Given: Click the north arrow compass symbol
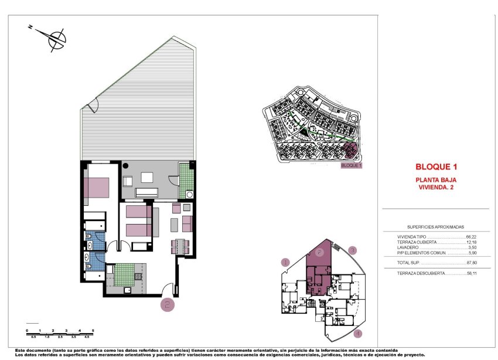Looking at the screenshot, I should (x=56, y=39).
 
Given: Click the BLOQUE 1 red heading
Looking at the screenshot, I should (x=436, y=167).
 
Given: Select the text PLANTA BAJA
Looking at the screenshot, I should (x=436, y=179).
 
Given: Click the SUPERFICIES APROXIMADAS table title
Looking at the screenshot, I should (x=435, y=226).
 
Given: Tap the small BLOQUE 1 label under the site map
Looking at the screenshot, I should (x=352, y=166).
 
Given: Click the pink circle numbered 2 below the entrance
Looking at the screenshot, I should (x=168, y=304).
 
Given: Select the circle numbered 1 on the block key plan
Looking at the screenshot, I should (x=286, y=263).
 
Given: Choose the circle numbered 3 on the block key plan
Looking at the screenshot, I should (x=352, y=250).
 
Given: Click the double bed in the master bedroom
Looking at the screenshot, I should (x=97, y=188).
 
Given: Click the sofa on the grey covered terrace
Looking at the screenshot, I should (x=146, y=192).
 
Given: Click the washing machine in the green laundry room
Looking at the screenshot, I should (x=189, y=195).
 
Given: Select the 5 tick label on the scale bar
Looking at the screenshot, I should (x=94, y=331).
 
